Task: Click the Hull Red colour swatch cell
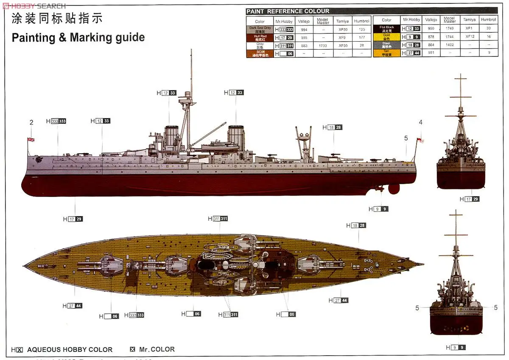tap(260, 37)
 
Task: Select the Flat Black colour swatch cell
tap(386, 28)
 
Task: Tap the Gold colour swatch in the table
tap(386, 37)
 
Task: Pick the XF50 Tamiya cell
tap(342, 29)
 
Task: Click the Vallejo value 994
tap(304, 29)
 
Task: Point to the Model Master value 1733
tap(323, 45)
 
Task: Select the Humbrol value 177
tap(361, 37)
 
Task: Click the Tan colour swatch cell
tap(386, 53)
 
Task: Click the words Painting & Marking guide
tap(78, 37)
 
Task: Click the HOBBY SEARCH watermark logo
tap(34, 6)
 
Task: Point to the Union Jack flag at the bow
tap(31, 139)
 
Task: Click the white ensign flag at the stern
tap(420, 141)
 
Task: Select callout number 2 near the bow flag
tap(31, 123)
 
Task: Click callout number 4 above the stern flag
tap(420, 122)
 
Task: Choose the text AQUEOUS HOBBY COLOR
tap(70, 350)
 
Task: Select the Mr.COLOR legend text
tap(157, 349)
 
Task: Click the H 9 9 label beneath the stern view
tap(456, 347)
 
